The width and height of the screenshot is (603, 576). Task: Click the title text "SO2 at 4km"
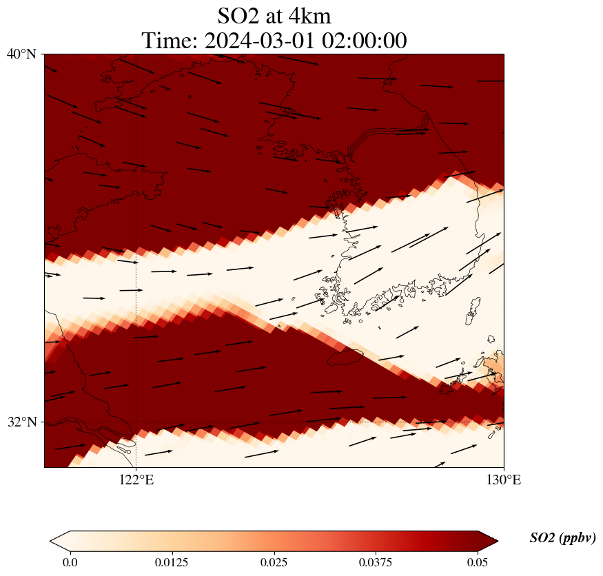[x=274, y=15]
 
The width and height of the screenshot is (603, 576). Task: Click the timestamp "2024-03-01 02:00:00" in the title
[x=306, y=41]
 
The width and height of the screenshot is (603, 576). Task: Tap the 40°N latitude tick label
[x=21, y=54]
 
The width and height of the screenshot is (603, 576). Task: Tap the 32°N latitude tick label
[x=21, y=422]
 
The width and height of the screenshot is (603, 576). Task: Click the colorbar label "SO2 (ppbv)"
[x=562, y=538]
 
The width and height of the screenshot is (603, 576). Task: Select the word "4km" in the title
[x=308, y=15]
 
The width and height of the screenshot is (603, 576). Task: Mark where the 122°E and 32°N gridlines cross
[x=136, y=422]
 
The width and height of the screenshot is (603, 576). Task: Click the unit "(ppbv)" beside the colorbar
[x=578, y=538]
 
